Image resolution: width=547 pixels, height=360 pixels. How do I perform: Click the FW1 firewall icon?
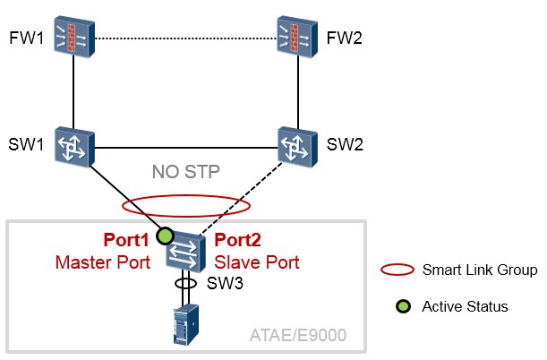pos(74,37)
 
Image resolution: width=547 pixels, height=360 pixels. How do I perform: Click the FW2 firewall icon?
pos(297,37)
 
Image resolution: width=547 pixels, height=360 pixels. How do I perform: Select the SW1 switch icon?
pos(74,147)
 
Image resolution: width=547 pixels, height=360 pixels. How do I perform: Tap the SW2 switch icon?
pos(297,147)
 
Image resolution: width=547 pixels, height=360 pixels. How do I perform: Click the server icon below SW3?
pos(186,325)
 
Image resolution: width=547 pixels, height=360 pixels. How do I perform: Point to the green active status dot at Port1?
pos(165,236)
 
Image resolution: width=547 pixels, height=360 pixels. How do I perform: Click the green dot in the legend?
pos(403,306)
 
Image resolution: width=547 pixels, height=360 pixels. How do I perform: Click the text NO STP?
pos(186,172)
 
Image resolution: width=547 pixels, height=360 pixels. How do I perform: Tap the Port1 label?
pos(126,240)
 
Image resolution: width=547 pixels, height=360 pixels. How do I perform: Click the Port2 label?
pos(237,240)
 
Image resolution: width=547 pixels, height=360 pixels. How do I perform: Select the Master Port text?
pos(103,262)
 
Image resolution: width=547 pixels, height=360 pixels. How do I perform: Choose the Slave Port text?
pos(257,262)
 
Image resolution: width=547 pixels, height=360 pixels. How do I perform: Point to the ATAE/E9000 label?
pos(298,335)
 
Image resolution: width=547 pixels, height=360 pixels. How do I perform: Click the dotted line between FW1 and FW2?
pos(186,38)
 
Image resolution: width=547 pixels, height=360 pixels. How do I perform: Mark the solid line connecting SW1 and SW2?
pos(186,148)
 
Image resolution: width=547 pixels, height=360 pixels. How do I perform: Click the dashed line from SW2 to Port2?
pos(240,199)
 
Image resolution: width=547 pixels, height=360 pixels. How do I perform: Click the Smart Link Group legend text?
pos(480,270)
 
